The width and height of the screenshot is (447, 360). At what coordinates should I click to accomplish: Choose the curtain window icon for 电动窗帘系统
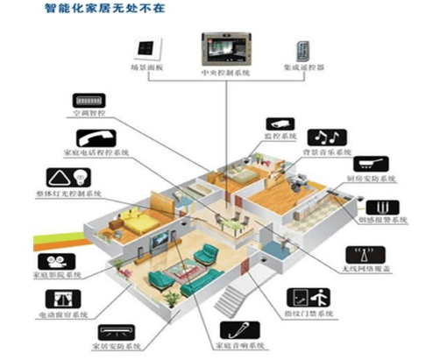(x=69, y=295)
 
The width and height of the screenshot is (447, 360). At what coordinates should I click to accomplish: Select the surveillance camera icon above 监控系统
(x=280, y=121)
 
